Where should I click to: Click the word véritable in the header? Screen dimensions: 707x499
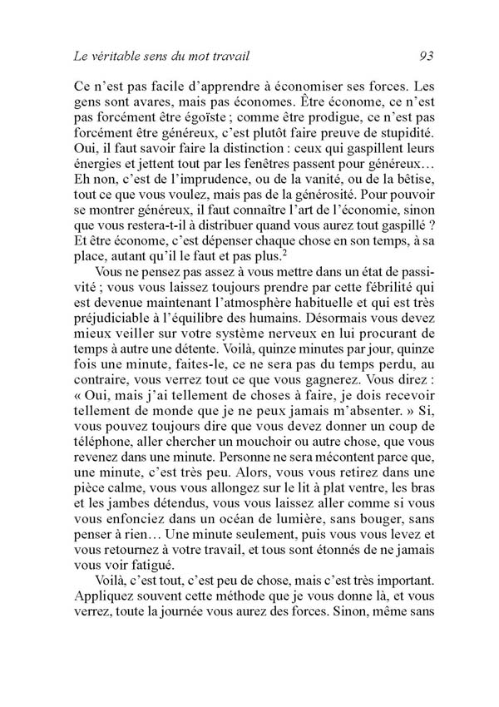(115, 57)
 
